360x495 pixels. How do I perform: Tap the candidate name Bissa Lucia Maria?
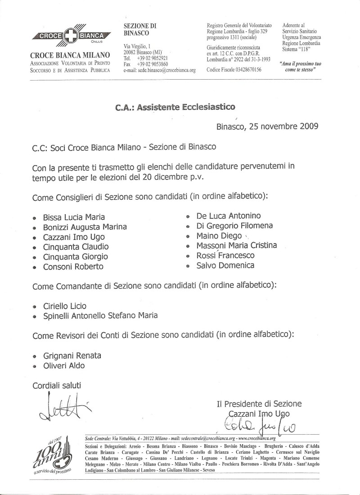[x=74, y=217]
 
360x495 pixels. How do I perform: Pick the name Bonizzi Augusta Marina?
[x=85, y=227]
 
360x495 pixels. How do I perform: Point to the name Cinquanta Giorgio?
[x=75, y=256]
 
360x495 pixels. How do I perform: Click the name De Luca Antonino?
[x=228, y=216]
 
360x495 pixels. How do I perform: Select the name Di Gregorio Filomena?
[x=234, y=226]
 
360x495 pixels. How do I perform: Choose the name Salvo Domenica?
[x=225, y=265]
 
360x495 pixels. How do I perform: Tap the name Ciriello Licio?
[x=64, y=306]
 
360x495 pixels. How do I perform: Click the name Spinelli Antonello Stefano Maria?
[x=100, y=315]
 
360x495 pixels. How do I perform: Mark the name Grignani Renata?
[x=72, y=355]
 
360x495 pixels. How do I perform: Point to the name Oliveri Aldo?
[x=63, y=366]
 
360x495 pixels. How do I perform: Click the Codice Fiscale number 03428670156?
[x=245, y=70]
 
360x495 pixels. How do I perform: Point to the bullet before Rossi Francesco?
[x=188, y=256]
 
